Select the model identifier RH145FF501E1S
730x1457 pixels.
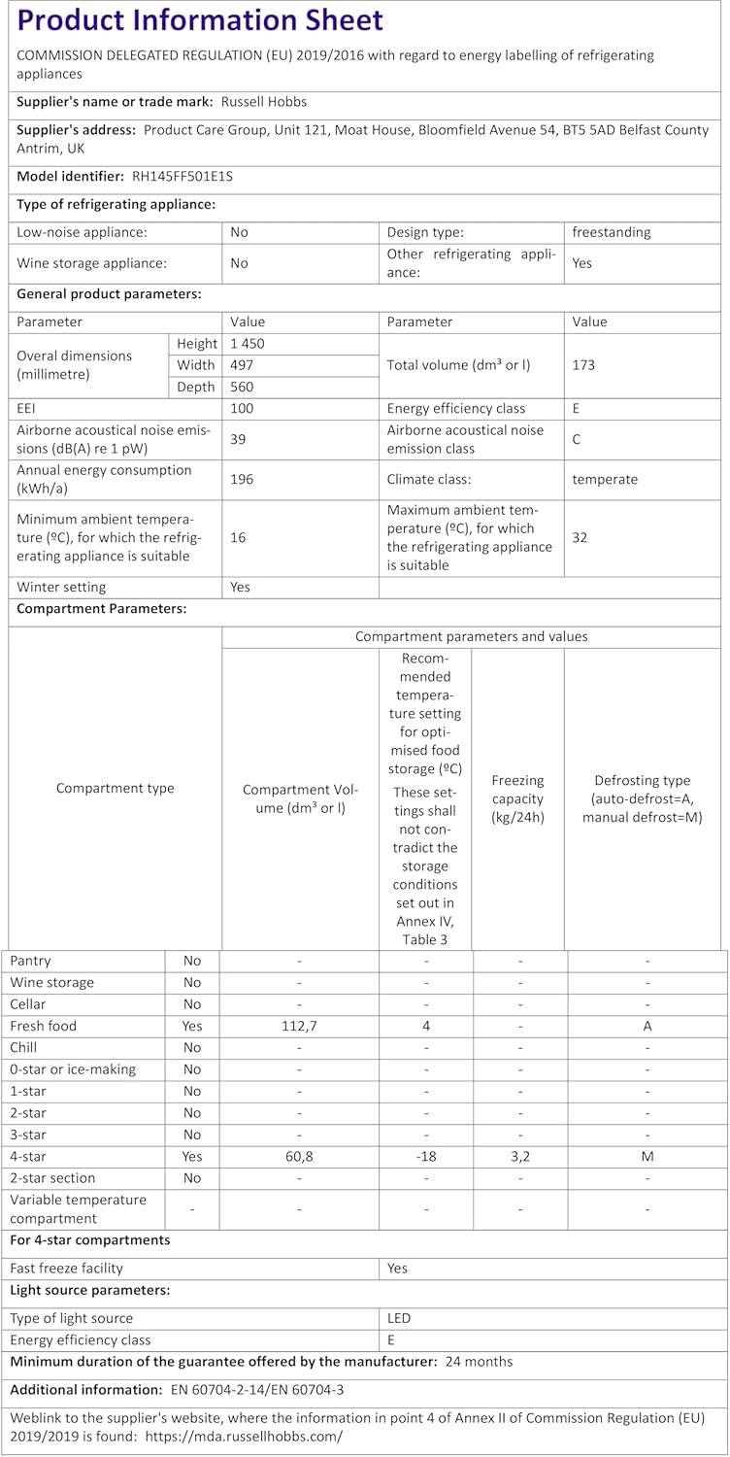(182, 176)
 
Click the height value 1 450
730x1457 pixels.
(248, 344)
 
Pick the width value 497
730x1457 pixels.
(242, 365)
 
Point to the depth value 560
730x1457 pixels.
(242, 388)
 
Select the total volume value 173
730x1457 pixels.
(583, 365)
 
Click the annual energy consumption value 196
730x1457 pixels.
(242, 479)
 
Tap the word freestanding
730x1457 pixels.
(612, 232)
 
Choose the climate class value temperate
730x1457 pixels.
(605, 479)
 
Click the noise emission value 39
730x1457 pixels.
(239, 439)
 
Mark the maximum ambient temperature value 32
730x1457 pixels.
(581, 536)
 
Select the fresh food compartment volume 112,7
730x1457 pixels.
(300, 1026)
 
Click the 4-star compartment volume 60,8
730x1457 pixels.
(300, 1156)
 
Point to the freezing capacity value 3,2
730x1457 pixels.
(520, 1156)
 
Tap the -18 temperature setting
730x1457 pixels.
(425, 1156)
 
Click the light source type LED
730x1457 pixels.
(399, 1318)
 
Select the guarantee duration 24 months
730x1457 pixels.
(479, 1361)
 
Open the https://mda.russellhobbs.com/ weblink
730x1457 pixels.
(244, 1436)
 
